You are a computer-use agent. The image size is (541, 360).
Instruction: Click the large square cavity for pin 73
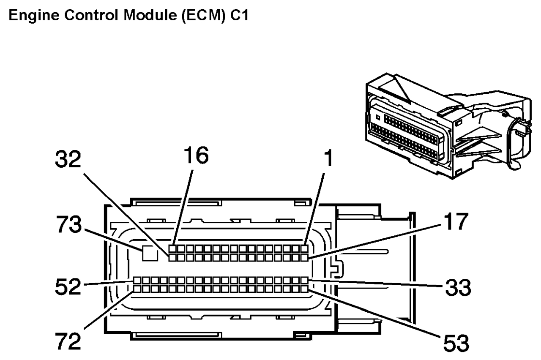(x=149, y=253)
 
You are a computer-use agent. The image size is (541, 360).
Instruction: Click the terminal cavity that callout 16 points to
(x=172, y=248)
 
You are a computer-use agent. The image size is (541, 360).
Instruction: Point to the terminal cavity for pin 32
(x=172, y=256)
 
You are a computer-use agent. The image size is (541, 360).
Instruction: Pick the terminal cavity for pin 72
(x=137, y=289)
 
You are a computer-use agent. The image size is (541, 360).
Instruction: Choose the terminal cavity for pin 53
(x=304, y=289)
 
